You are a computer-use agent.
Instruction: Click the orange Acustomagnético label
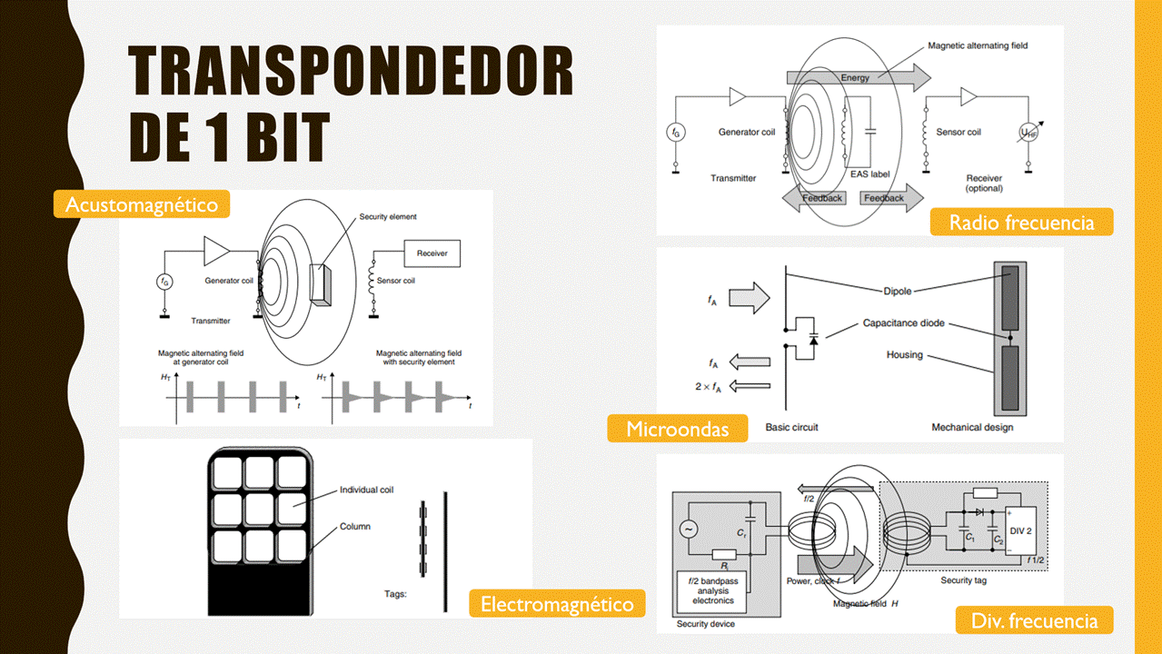pyautogui.click(x=142, y=204)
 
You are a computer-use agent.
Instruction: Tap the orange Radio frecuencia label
pyautogui.click(x=1021, y=222)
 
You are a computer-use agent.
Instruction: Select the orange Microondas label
pyautogui.click(x=678, y=429)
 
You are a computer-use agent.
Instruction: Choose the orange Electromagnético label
pyautogui.click(x=557, y=603)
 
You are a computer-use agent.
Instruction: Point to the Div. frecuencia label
pyautogui.click(x=1034, y=620)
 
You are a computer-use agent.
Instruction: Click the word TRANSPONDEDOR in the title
pyautogui.click(x=351, y=72)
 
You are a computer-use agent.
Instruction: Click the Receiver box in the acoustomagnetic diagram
pyautogui.click(x=432, y=253)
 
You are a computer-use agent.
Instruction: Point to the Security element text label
pyautogui.click(x=388, y=217)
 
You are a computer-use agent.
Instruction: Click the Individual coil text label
pyautogui.click(x=366, y=490)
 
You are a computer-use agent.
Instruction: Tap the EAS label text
pyautogui.click(x=869, y=173)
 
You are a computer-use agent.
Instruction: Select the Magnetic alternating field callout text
pyautogui.click(x=978, y=45)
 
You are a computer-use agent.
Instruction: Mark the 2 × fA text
pyautogui.click(x=709, y=387)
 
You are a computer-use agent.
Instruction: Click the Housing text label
pyautogui.click(x=904, y=354)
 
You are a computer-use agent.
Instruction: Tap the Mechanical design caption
pyautogui.click(x=972, y=427)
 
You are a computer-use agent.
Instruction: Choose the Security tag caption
pyautogui.click(x=963, y=580)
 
